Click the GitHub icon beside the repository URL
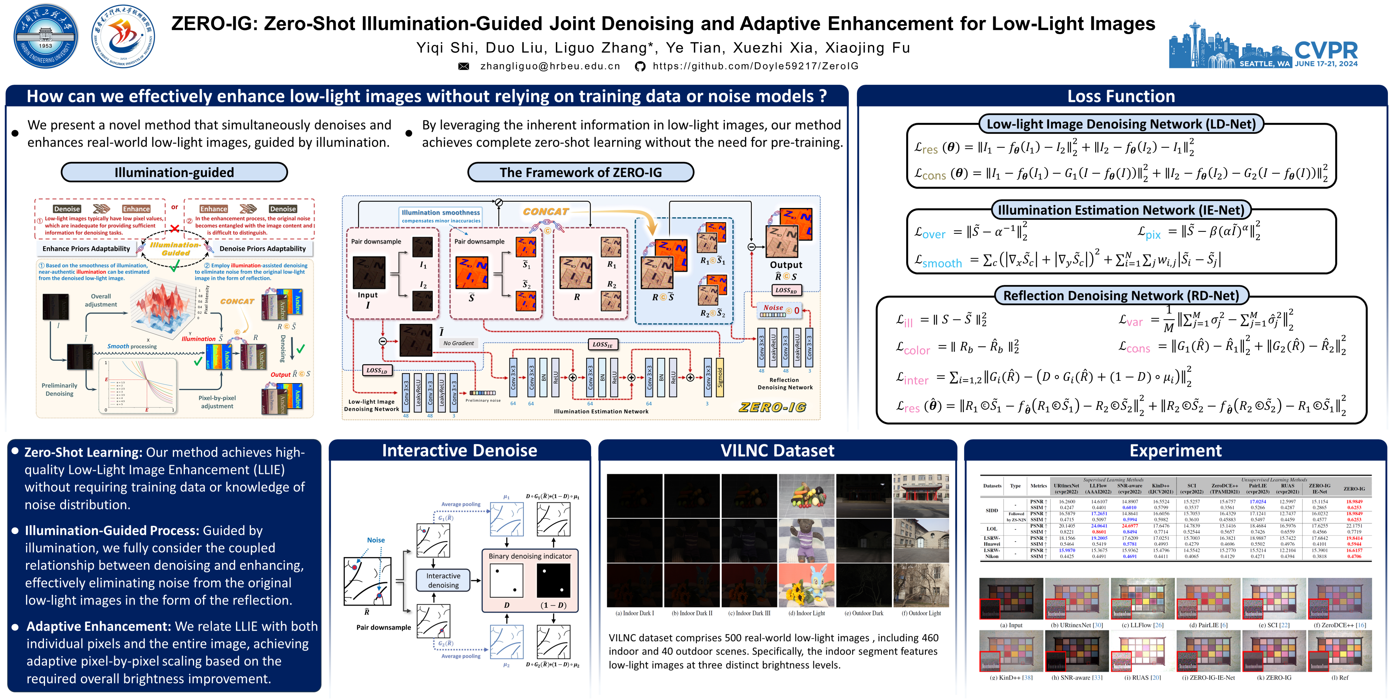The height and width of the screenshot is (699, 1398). click(x=640, y=66)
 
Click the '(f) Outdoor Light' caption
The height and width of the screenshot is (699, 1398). click(x=921, y=613)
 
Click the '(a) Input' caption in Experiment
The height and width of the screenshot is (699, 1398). click(x=1011, y=625)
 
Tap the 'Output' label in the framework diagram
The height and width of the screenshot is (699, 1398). click(x=786, y=265)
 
